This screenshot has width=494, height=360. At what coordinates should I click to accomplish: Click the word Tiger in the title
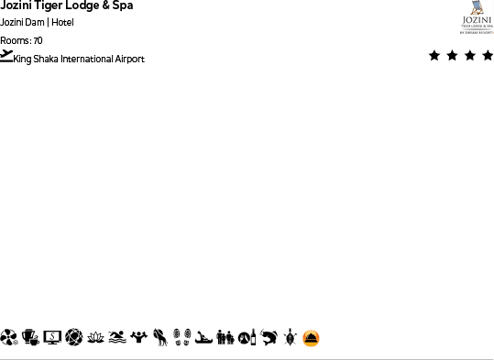point(46,5)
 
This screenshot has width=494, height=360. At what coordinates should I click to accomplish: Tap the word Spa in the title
point(121,5)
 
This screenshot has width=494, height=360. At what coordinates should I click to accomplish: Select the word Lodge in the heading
point(83,5)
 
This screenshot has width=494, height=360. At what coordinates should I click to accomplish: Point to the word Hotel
point(62,22)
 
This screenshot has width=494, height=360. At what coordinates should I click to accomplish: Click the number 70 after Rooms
point(38,40)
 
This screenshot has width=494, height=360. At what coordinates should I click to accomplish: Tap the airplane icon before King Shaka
point(6,56)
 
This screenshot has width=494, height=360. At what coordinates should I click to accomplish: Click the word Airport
point(129,60)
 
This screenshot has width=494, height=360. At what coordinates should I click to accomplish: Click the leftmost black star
point(434,56)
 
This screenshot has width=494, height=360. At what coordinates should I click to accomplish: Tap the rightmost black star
point(488,56)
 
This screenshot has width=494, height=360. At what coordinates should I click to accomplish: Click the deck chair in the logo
point(477,9)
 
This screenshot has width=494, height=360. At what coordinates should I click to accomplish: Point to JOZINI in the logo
point(477,20)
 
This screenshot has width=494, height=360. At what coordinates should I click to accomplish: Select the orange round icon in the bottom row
point(312,338)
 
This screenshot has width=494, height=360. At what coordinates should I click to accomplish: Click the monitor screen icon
point(52,338)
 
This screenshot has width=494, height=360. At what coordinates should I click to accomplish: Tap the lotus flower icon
point(95,338)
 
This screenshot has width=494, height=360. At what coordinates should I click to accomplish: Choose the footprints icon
point(181,338)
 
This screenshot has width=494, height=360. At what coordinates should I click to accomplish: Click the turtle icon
point(290,338)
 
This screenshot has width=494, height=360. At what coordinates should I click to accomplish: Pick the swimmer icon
point(116,338)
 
